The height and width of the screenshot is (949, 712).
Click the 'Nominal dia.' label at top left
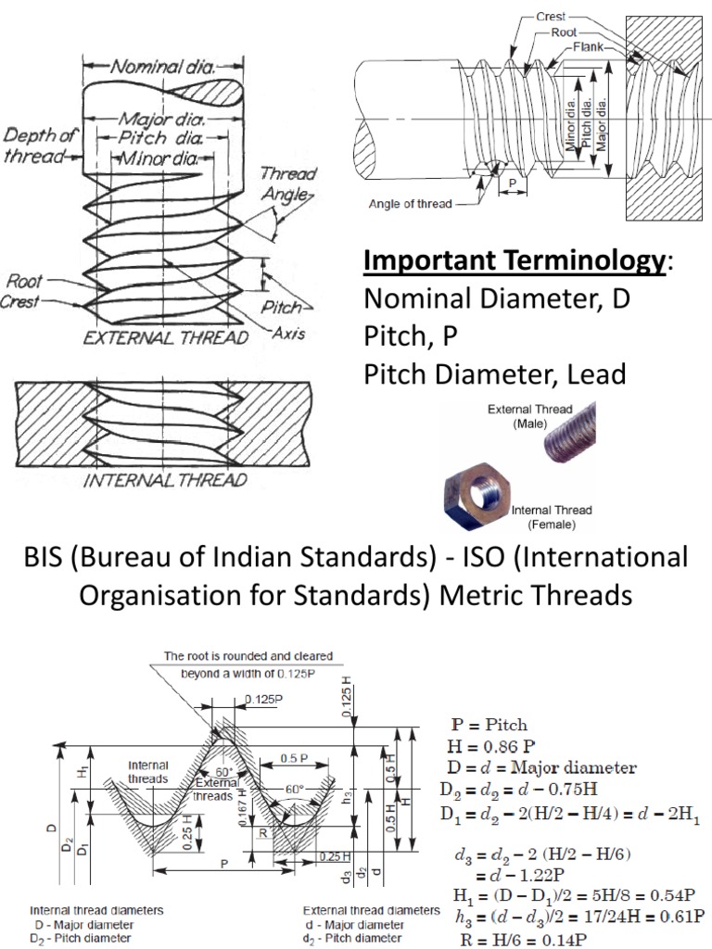click(x=162, y=66)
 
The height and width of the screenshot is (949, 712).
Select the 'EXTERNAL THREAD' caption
click(x=165, y=337)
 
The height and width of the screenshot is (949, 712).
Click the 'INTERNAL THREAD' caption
click(x=165, y=481)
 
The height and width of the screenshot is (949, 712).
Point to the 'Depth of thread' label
click(x=37, y=146)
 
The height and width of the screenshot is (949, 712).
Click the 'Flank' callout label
click(x=589, y=46)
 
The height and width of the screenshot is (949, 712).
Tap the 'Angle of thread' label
click(x=410, y=204)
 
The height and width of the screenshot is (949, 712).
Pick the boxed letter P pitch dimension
click(x=512, y=183)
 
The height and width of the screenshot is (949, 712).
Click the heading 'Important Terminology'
click(x=514, y=260)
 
